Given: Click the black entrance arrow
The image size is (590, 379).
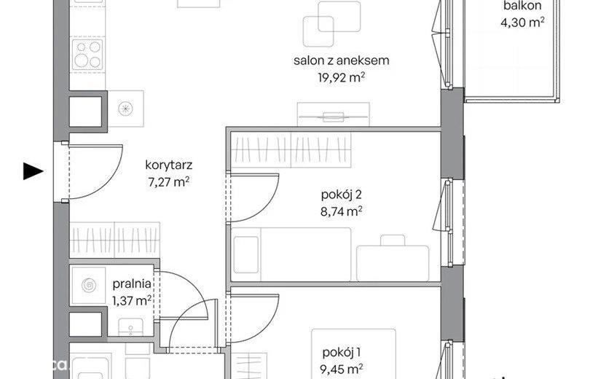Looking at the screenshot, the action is (33, 171).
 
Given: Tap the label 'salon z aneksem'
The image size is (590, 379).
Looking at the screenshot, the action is (342, 60).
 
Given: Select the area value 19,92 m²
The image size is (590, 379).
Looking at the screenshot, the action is (342, 77).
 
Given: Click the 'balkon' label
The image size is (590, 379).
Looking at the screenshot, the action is (522, 6).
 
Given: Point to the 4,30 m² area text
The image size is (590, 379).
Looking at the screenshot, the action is (522, 23).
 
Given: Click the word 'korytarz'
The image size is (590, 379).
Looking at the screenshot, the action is (169, 165).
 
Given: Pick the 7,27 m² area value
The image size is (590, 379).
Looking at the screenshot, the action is (169, 182).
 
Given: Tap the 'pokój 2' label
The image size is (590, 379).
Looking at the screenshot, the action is (342, 195).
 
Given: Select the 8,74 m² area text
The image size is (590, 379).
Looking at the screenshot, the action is (342, 211).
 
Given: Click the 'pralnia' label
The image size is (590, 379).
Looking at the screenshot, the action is (132, 284).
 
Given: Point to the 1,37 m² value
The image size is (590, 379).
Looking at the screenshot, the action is (132, 301).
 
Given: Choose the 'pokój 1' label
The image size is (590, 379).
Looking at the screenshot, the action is (342, 353).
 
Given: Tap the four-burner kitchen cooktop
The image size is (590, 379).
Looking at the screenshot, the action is (87, 54).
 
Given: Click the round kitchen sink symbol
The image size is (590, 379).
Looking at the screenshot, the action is (125, 109).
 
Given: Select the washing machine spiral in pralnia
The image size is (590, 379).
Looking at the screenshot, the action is (89, 285).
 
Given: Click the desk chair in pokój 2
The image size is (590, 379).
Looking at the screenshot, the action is (393, 241).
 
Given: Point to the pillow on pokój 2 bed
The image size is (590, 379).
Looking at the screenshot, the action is (246, 254).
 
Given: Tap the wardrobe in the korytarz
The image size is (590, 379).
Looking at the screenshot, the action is (115, 240).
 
